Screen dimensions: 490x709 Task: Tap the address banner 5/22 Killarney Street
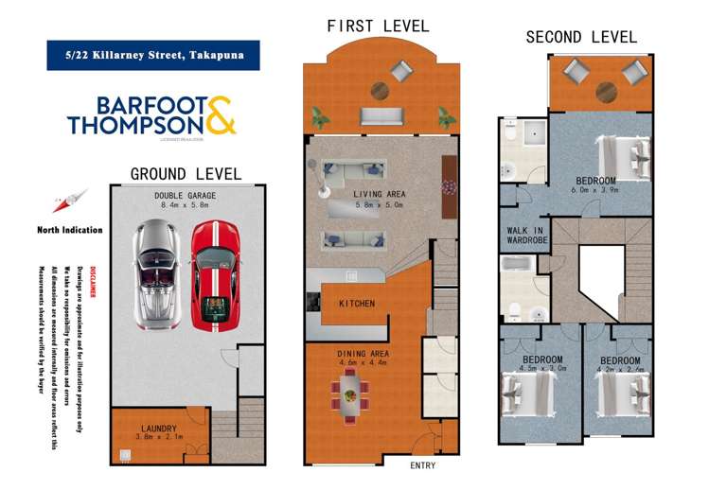tap(147, 55)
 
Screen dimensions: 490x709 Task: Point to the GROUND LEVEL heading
tap(186, 174)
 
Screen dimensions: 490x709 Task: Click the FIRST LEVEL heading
tap(378, 26)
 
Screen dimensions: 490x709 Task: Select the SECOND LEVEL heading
tap(581, 37)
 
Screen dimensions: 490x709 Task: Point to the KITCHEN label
tap(357, 304)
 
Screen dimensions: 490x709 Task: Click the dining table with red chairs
tap(351, 391)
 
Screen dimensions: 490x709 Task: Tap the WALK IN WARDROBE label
tap(523, 235)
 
